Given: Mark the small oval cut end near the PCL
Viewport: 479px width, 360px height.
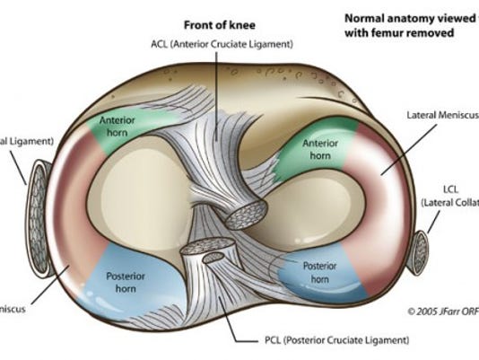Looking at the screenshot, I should (214, 259).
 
